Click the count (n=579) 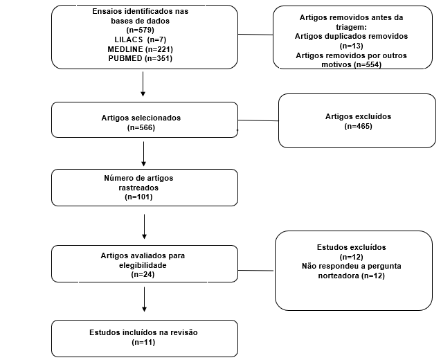click(141, 30)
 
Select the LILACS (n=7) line click(141, 39)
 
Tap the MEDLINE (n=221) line click(140, 49)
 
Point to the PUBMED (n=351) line click(141, 58)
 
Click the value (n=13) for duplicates click(351, 46)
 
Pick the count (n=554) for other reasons click(368, 64)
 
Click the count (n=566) click(141, 127)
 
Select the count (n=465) click(359, 126)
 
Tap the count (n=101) click(138, 197)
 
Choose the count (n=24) click(143, 274)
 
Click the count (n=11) click(143, 342)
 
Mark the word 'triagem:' click(351, 27)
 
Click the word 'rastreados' click(138, 188)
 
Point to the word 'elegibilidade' click(143, 265)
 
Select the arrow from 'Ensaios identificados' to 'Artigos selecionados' click(143, 84)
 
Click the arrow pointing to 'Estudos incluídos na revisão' click(144, 299)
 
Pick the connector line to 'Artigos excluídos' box click(258, 120)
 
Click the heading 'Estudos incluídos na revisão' click(143, 332)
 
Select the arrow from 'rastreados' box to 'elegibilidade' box click(144, 226)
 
